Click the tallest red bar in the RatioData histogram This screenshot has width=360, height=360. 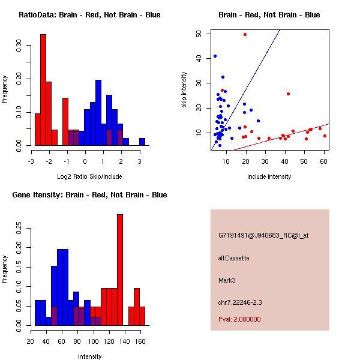[43, 90]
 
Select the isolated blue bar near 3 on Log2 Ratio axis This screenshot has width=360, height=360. [142, 142]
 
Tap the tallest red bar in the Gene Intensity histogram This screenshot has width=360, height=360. [120, 270]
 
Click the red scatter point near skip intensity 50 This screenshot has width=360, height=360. [245, 34]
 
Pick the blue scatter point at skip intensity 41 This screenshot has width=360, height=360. [215, 56]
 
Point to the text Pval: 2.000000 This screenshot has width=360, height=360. [239, 319]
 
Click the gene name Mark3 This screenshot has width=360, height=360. [227, 280]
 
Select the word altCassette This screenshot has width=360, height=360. [234, 258]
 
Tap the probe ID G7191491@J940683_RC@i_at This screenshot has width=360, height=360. [263, 236]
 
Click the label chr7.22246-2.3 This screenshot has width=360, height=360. [240, 302]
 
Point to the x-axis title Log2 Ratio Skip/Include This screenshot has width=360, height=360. [89, 176]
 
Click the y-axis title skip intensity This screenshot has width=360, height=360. [184, 89]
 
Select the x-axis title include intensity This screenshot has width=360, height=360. [269, 176]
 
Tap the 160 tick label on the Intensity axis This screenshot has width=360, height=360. [140, 341]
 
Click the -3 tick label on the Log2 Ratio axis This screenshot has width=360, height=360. [31, 161]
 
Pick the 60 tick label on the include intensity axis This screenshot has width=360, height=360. [323, 161]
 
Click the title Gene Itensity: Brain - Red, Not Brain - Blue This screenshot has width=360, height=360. [89, 195]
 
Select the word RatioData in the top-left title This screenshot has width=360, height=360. [37, 15]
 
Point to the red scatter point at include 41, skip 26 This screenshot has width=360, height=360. [288, 94]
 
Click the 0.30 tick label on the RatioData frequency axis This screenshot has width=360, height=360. [19, 46]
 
